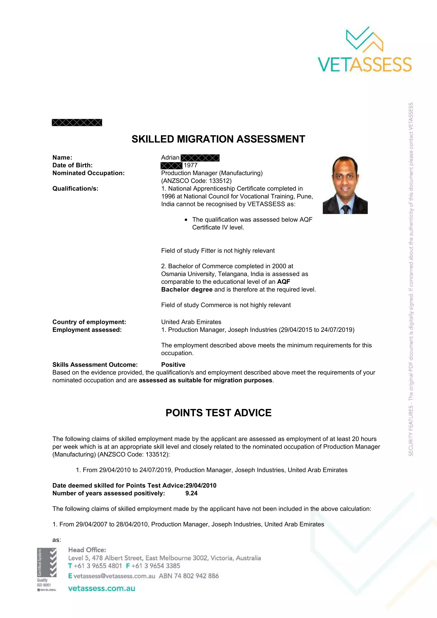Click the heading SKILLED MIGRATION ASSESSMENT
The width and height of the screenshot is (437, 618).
218,139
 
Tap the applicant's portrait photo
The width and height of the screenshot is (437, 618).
345,185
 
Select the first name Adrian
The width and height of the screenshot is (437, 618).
170,157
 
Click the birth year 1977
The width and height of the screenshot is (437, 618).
191,165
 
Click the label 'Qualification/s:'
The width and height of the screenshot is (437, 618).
75,188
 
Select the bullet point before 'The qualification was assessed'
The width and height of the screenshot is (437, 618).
186,220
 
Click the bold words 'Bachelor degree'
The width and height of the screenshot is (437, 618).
187,289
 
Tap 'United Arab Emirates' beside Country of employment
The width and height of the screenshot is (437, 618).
191,322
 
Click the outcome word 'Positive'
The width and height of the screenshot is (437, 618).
173,365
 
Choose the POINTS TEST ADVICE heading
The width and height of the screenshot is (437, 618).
218,413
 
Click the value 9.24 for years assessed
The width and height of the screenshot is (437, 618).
191,493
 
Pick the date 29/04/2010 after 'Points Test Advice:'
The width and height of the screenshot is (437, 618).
201,486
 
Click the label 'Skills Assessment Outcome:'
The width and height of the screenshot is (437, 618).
95,365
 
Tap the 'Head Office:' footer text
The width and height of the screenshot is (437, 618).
87,550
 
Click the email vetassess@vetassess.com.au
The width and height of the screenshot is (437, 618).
114,576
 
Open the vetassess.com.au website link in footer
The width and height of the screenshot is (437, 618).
102,588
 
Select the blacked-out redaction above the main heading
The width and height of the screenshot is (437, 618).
77,123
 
